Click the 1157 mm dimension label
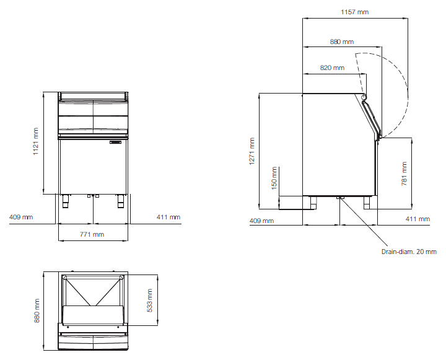[354, 12]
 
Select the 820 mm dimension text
[332, 68]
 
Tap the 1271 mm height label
[251, 151]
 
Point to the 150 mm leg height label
[274, 178]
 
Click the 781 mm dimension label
[404, 174]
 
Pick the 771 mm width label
[92, 234]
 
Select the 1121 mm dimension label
[35, 141]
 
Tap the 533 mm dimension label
[150, 301]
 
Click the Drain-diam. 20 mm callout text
[409, 252]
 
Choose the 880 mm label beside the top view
[37, 311]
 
